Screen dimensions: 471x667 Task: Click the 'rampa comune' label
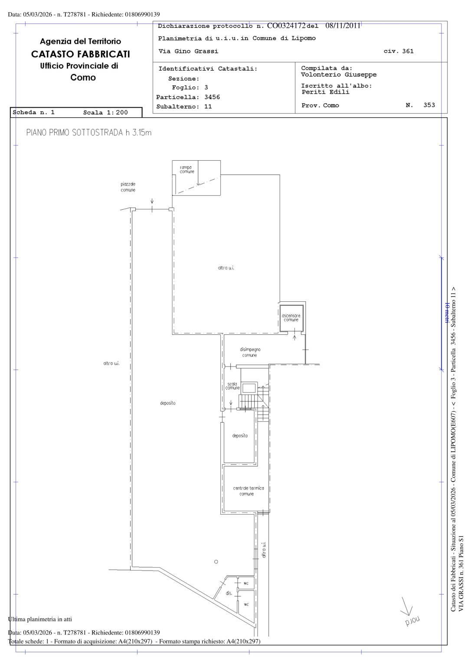(187, 169)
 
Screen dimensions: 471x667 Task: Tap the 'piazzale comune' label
(128, 187)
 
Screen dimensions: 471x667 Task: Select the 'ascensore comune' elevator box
(291, 318)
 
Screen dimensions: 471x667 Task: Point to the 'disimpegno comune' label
(250, 352)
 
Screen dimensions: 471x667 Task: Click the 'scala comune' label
(232, 386)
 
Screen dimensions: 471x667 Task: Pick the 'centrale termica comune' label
(248, 491)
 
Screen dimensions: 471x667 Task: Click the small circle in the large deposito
(216, 561)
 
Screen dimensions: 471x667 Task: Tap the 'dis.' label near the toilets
(229, 593)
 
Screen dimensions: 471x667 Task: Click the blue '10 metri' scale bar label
(447, 313)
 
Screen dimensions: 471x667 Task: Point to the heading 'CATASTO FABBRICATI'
(81, 54)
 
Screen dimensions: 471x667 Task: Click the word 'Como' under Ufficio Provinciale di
(83, 77)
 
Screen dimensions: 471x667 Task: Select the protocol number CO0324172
(286, 26)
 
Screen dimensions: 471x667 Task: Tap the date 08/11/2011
(343, 25)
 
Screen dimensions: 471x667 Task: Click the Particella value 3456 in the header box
(212, 97)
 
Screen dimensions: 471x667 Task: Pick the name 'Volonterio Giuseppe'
(339, 75)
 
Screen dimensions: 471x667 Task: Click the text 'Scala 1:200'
(105, 112)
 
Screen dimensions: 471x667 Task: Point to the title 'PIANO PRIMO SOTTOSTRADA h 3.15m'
(88, 132)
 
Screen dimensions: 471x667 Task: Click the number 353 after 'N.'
(429, 105)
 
